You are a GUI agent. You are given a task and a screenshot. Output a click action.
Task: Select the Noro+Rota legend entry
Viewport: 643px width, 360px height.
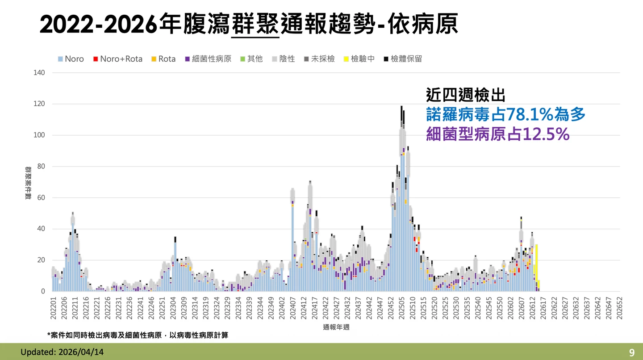point(117,59)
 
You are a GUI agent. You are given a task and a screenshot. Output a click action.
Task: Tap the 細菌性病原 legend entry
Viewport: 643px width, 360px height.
point(208,59)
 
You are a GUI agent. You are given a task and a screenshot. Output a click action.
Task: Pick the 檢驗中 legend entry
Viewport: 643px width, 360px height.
point(359,59)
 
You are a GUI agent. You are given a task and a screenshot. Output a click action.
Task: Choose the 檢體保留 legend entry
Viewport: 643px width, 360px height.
point(402,59)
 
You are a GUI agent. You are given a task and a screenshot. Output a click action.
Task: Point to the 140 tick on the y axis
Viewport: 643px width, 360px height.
point(39,73)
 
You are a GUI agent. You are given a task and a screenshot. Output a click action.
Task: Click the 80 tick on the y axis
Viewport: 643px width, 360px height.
point(41,167)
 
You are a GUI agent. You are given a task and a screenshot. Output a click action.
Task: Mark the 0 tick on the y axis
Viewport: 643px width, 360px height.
point(43,292)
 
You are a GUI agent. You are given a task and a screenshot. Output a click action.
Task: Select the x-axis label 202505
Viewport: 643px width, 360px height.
point(402,309)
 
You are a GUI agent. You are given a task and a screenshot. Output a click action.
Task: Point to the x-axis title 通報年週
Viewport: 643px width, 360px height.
point(336,327)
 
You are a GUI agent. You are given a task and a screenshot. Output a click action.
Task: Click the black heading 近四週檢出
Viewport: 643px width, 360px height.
point(465,95)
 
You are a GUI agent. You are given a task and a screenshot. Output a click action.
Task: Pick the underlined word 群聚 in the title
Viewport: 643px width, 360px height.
point(256,25)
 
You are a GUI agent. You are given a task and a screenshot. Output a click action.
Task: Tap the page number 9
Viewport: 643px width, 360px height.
point(632,352)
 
